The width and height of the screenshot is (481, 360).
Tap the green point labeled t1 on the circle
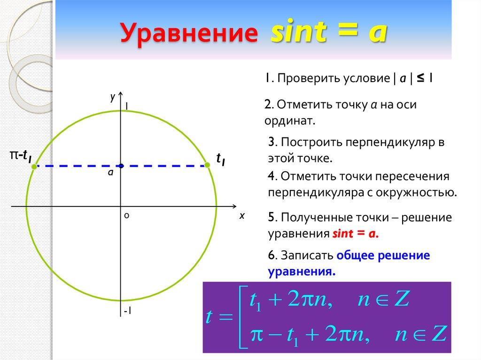click(x=207, y=165)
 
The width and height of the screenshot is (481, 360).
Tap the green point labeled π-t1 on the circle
click(x=34, y=166)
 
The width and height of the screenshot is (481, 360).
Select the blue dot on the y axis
click(x=121, y=166)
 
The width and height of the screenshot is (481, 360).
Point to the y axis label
click(x=113, y=97)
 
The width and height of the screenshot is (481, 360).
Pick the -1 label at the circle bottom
click(x=127, y=311)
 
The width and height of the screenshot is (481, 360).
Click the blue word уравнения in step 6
click(x=302, y=271)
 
